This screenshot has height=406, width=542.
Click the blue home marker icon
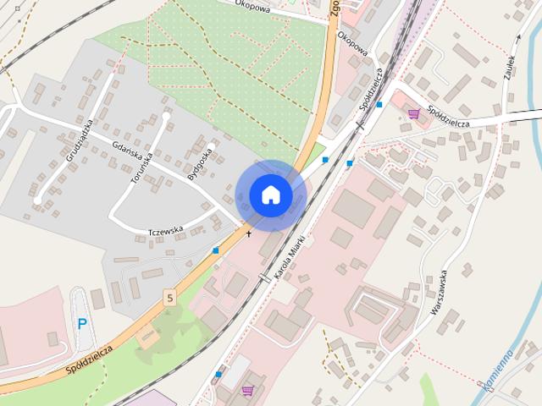point(270,195)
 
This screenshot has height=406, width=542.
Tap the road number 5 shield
point(170,298)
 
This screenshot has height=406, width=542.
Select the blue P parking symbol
point(82,323)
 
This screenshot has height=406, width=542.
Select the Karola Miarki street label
point(289,263)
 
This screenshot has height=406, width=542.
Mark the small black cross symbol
point(248,233)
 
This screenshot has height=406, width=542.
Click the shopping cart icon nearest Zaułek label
point(413,114)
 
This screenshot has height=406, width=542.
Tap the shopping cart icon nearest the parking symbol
point(247,390)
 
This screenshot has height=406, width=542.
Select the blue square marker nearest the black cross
point(216,250)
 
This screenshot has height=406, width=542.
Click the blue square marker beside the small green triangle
point(325,159)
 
